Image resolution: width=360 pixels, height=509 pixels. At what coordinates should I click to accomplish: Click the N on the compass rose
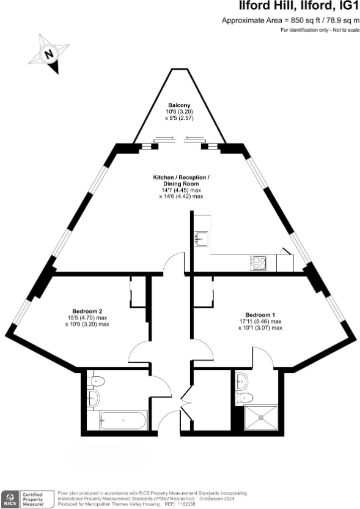[x=48, y=54]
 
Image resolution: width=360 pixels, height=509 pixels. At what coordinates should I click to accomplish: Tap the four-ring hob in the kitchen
[x=259, y=263]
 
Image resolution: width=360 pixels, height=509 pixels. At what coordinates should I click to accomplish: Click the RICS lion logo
[x=10, y=497]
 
